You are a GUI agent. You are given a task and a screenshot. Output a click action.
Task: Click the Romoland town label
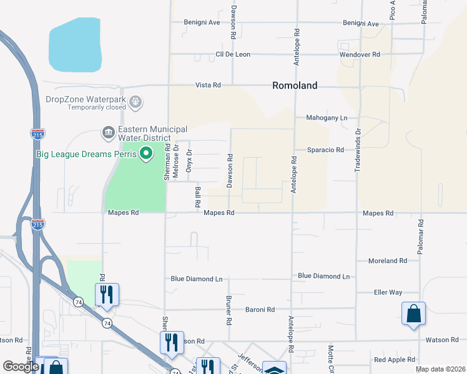[295, 86]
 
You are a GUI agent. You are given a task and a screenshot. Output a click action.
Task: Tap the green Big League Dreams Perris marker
[147, 153]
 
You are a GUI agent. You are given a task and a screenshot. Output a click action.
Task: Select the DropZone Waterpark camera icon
[135, 101]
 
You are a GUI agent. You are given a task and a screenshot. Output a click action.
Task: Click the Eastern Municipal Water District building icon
[108, 133]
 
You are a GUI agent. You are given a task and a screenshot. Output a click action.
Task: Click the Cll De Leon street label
[233, 55]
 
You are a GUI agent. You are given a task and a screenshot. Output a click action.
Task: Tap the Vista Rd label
[208, 85]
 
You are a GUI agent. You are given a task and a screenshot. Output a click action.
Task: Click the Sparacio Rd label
[325, 150]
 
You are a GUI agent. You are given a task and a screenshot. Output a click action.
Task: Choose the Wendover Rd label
[360, 55]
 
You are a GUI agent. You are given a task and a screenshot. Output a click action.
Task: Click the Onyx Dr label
[189, 160]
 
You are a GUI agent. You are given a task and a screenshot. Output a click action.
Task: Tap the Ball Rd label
[197, 196]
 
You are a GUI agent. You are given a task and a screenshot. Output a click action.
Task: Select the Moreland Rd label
[387, 261]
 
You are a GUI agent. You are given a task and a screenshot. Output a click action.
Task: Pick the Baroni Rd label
[260, 309]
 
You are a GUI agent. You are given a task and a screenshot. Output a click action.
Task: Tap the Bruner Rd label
[229, 310]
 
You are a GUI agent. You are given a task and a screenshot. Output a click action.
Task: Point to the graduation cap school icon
[274, 369]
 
